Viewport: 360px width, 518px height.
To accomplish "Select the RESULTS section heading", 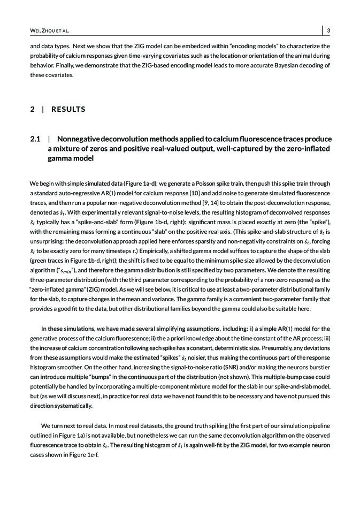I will tap(68, 109).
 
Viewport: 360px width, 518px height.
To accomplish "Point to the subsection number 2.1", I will tap(35, 139).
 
